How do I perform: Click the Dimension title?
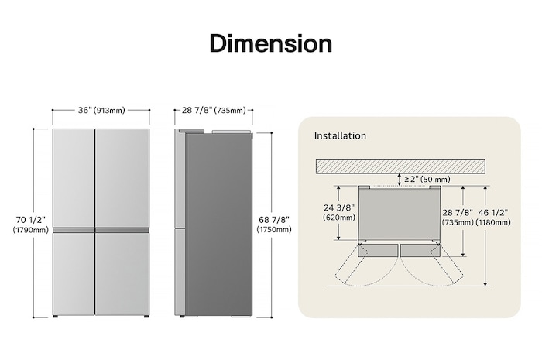coord(270,43)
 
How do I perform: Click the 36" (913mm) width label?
coord(101,111)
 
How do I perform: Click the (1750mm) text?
coord(275,230)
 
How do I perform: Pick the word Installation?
coord(340,135)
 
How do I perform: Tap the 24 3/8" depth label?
coord(339,207)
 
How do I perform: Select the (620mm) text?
coord(339,218)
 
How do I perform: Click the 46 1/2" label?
coord(494,211)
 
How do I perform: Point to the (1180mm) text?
coord(494,222)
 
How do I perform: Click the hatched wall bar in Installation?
coord(400,166)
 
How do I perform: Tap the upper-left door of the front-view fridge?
coord(73,177)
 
